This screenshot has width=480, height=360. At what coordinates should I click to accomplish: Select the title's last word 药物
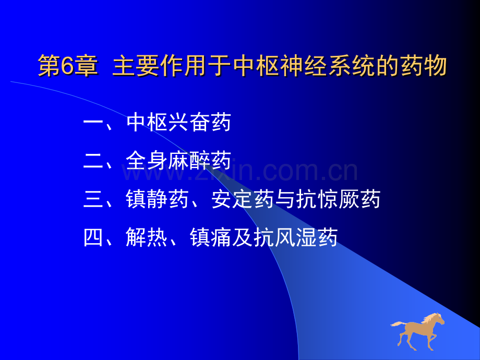(425, 67)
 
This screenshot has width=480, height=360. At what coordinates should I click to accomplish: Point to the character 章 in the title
(86, 67)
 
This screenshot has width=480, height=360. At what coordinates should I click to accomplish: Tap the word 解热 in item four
(147, 237)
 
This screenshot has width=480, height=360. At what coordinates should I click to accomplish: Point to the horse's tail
(396, 324)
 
